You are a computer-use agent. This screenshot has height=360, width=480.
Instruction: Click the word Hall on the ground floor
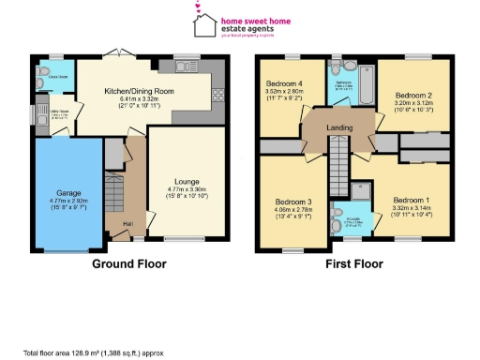tap(112, 222)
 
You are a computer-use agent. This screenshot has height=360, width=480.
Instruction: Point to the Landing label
tap(338, 127)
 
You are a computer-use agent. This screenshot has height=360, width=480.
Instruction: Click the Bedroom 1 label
tap(411, 201)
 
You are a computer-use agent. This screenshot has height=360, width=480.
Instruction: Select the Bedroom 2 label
tap(412, 96)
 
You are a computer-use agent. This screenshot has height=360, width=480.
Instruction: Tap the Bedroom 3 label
tap(292, 202)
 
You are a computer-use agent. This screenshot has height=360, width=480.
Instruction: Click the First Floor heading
tap(354, 264)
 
